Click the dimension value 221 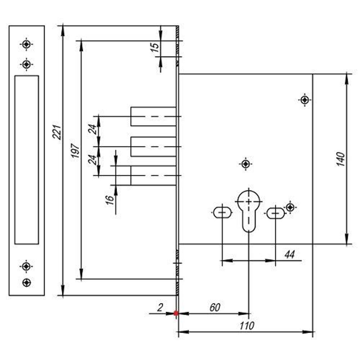coord(57,132)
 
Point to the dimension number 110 coord(247,326)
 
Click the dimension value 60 coord(215,307)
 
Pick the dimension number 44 coord(289,255)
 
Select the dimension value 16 coord(110,199)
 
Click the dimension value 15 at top coord(154,48)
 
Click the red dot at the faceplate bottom coord(176,313)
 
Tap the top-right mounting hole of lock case coord(305,99)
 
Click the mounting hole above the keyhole coord(246,164)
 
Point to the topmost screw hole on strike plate coord(26,44)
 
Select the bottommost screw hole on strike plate coord(26,283)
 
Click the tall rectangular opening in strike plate coord(27,159)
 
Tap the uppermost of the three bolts coord(153,116)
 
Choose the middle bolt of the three coord(153,147)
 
